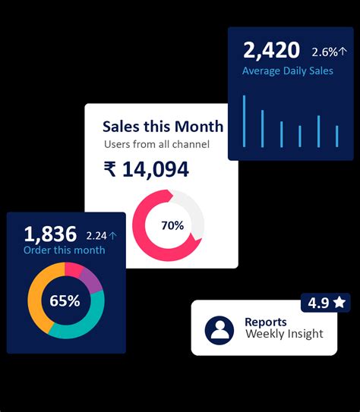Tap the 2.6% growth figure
[324, 52]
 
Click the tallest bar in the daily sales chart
[244, 121]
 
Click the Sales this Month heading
[163, 126]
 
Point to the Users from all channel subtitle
[156, 144]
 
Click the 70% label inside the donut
[172, 225]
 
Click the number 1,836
[50, 233]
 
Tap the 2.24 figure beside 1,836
[96, 235]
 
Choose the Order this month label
[65, 250]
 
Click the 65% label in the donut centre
[65, 300]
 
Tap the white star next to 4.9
[339, 303]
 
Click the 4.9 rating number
[318, 303]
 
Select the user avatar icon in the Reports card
[220, 329]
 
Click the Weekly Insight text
[284, 334]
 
